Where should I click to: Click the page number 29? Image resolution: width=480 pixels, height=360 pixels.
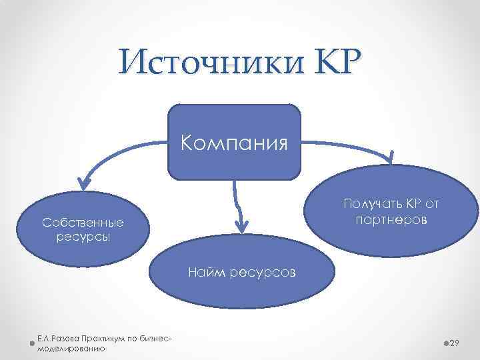pos(456,343)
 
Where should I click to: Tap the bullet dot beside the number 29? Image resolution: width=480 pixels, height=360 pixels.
pos(445,343)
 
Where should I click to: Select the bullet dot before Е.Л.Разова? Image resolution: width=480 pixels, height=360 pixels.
pos(33,344)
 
